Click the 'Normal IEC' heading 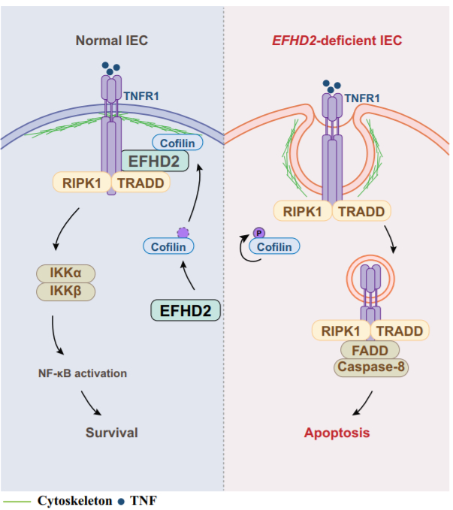tap(111, 41)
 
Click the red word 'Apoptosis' tap(337, 433)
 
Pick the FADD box tap(370, 349)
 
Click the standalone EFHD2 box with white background tap(186, 309)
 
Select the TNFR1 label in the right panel tap(361, 98)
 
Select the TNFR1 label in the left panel tap(141, 95)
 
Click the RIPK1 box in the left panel tap(82, 182)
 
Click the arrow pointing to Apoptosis tap(360, 406)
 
